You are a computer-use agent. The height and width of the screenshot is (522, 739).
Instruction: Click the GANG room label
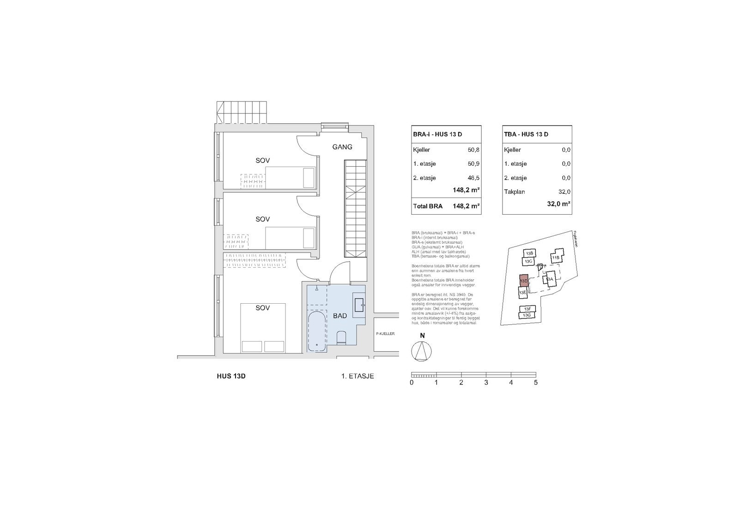[x=342, y=147]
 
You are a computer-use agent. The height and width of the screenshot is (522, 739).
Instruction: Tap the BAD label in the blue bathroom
[x=340, y=316]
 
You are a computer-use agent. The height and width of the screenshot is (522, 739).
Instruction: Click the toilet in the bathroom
[x=342, y=338]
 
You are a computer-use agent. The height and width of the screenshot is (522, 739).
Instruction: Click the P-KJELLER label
[x=385, y=334]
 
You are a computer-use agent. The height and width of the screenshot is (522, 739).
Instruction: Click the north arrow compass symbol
[x=421, y=352]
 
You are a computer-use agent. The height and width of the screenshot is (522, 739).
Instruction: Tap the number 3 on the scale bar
[x=486, y=383]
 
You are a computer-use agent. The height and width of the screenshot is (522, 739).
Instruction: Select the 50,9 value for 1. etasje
[x=473, y=164]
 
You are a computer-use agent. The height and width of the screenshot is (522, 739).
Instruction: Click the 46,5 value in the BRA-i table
[x=473, y=178]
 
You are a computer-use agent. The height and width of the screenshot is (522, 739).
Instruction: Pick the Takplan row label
[x=514, y=192]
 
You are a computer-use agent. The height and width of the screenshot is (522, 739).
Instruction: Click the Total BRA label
[x=427, y=206]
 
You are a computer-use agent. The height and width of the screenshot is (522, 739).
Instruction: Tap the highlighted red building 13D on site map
[x=524, y=281]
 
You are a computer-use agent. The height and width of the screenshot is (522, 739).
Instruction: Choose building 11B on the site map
[x=556, y=258]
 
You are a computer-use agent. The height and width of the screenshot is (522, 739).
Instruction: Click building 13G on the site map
[x=527, y=315]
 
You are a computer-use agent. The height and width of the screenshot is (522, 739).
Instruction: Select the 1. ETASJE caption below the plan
[x=357, y=376]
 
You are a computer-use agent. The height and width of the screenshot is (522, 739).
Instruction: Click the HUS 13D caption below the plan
[x=231, y=376]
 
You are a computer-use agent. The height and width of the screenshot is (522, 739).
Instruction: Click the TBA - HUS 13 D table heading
[x=526, y=134]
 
